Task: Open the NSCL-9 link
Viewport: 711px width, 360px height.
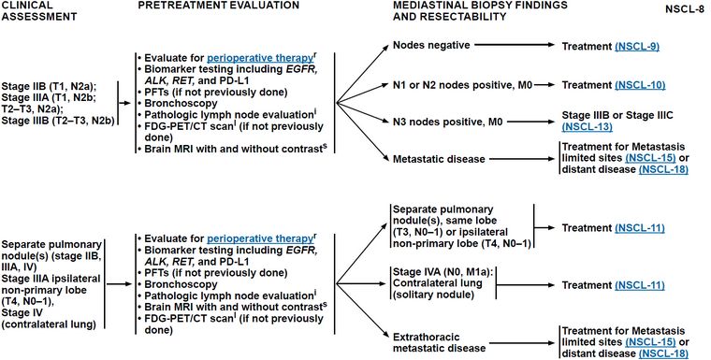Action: click(x=637, y=46)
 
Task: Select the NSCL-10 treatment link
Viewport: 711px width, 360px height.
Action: click(x=640, y=85)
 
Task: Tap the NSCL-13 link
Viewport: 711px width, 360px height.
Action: click(x=588, y=127)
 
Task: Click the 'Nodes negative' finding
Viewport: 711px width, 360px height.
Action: click(x=431, y=45)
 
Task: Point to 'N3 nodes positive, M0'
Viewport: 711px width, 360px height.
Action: click(x=447, y=122)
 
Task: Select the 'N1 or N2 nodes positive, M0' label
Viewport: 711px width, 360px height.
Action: click(x=462, y=85)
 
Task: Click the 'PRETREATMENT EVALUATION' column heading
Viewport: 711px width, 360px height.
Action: click(x=219, y=5)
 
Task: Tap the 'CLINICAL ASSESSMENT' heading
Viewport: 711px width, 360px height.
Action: click(x=38, y=11)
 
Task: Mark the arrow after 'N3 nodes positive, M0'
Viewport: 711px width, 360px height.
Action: click(x=531, y=122)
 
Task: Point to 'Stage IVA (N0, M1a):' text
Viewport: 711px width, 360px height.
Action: click(x=443, y=272)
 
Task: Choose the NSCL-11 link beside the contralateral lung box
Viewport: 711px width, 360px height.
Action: click(x=640, y=285)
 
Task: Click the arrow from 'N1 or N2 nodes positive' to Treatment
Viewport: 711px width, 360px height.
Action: click(x=544, y=85)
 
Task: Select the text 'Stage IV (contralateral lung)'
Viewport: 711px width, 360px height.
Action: click(x=49, y=318)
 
